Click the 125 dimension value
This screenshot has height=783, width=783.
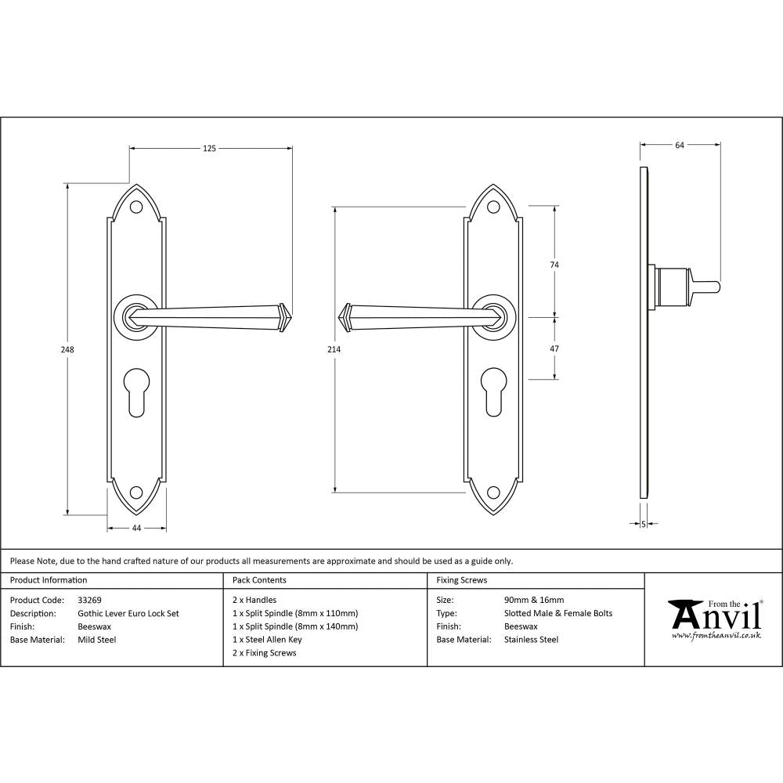point(210,147)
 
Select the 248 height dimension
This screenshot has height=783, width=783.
point(68,350)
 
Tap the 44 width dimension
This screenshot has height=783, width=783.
point(136,529)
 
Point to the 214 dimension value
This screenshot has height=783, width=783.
point(334,350)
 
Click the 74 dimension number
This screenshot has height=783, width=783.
point(554,265)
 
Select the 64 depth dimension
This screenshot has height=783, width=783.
point(680,145)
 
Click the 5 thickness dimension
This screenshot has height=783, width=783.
point(643,524)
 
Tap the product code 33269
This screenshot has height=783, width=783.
point(89,600)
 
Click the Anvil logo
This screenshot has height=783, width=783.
point(714,619)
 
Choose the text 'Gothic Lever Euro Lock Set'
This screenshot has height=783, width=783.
point(128,613)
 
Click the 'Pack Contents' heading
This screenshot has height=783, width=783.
point(259,580)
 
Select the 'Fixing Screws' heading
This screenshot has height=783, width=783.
point(461,580)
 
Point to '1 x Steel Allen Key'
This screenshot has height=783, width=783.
point(267,640)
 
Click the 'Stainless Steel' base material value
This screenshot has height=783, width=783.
point(532,640)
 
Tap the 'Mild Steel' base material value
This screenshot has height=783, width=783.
point(97,640)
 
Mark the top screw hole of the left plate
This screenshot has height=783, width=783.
point(136,207)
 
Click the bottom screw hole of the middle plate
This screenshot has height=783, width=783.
point(493,493)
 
